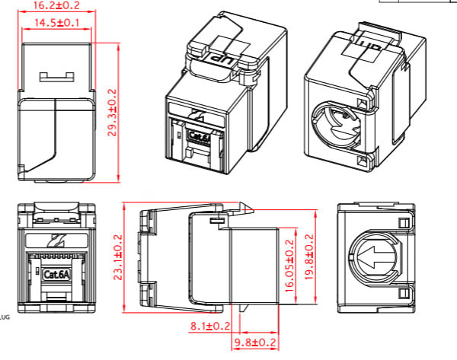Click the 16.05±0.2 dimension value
[x=289, y=263]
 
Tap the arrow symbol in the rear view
[x=376, y=256]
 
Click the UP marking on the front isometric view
[x=220, y=57]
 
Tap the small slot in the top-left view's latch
[x=57, y=75]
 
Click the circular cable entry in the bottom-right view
[x=374, y=256]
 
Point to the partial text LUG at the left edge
[x=4, y=315]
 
